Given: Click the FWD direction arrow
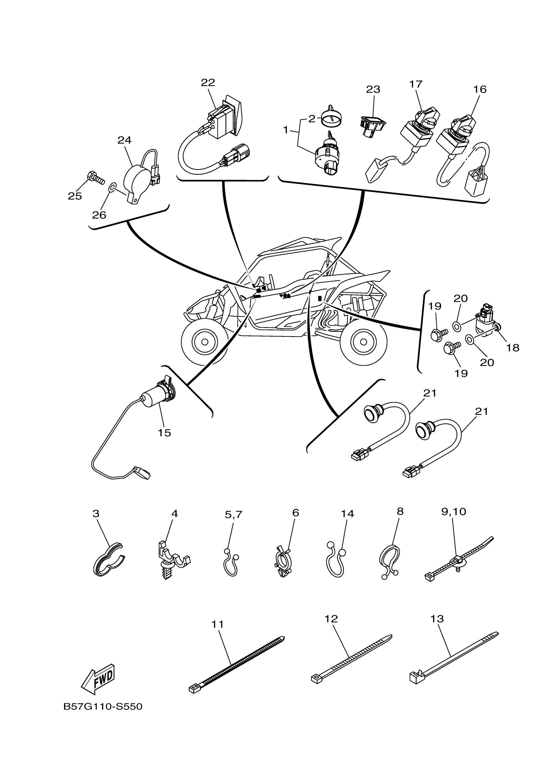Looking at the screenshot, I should tap(98, 678).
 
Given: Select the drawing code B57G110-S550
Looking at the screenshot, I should tap(103, 707).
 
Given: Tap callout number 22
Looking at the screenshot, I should tap(208, 83).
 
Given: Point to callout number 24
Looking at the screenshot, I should tap(124, 140).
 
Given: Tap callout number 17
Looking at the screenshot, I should tap(416, 84).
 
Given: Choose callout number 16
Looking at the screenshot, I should tap(480, 89).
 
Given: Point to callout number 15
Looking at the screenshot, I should tap(164, 433).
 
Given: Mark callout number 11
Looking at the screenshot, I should tap(217, 624).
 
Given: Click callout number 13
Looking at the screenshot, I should tap(437, 619).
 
